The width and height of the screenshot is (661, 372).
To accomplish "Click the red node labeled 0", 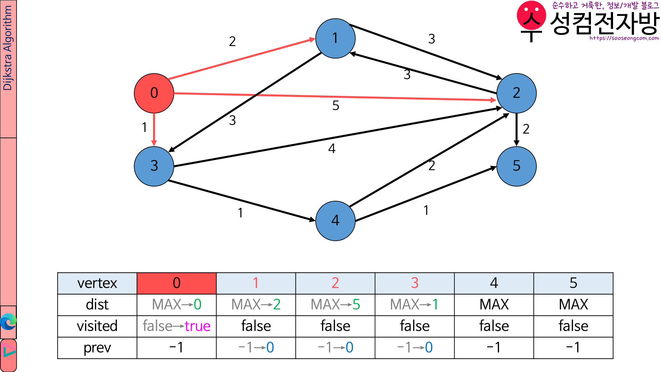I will pos(154,93).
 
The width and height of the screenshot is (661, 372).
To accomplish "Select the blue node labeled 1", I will pos(335,38).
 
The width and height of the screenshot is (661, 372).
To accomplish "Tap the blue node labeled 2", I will pos(516,93).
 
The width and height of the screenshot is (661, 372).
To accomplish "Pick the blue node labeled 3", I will pos(154,166).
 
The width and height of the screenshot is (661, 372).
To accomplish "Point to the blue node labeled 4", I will pos(335,221).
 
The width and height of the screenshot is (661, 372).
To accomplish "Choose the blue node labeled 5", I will pos(516,166).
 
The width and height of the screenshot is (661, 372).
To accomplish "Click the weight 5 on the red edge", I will pos(335,106).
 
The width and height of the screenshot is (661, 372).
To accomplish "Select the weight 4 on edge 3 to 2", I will pos(332,149).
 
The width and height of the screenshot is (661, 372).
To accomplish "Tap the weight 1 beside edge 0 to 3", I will pos(144,128).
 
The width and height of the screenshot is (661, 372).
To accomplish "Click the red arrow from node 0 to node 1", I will pos(241,59).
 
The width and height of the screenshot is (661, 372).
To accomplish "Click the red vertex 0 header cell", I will pos(176,283).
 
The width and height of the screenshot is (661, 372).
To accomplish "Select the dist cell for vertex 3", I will pos(414,305).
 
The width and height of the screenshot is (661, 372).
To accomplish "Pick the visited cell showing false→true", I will pos(176,326).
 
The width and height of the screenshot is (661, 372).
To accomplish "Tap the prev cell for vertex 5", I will pos(573,348).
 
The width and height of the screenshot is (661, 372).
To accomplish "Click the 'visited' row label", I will pos(97,326).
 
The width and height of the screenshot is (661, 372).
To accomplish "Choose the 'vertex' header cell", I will pos(97,283).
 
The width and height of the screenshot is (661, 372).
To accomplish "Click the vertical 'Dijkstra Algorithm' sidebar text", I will pos(7,48).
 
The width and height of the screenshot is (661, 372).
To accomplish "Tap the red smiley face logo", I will pos(531,17).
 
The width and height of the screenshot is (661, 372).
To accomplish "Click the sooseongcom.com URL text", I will pos(624,38).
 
